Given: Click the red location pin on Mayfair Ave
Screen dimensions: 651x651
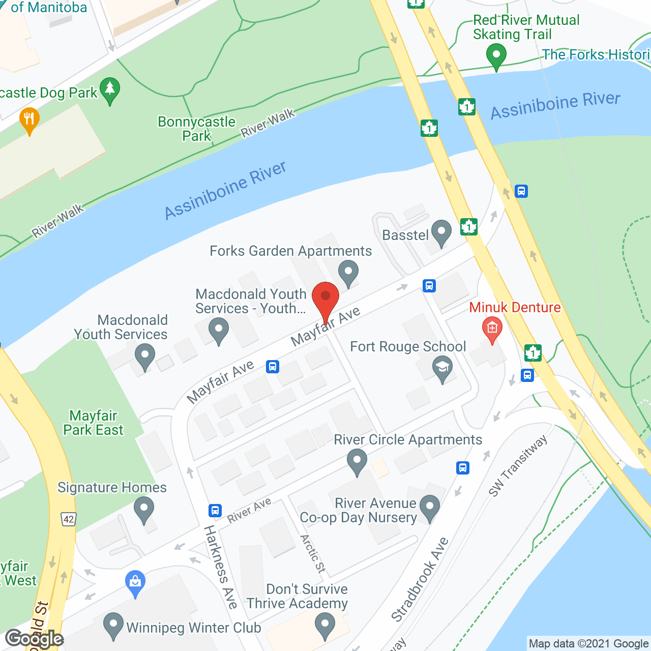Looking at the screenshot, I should coord(325,297).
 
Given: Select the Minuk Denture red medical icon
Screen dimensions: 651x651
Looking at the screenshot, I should coord(492,328).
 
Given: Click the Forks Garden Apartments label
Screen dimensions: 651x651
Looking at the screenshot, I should coord(290,251).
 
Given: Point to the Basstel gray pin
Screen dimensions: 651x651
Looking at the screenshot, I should coord(441,232).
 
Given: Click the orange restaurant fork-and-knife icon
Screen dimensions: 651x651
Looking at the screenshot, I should coord(29,120).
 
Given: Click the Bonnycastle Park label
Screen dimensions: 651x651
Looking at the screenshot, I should coord(196,129).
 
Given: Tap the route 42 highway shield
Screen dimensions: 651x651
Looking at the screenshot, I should coord(69,519).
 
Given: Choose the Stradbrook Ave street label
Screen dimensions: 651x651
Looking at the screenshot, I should coord(420,580).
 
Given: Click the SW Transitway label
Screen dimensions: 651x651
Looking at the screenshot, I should coord(517,465).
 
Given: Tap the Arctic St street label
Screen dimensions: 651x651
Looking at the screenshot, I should coord(313,553).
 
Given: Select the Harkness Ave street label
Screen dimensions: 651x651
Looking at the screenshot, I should coord(221,567).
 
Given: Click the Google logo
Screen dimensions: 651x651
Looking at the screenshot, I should coord(35,639).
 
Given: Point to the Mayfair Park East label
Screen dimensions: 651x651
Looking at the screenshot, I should coord(93,423).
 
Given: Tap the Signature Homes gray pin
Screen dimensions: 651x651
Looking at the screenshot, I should coord(144,508).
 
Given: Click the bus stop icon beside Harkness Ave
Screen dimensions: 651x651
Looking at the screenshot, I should coord(215,510).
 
